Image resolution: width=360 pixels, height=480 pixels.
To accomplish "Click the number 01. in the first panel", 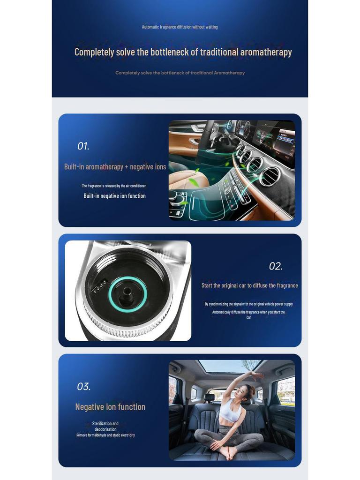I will click(x=83, y=146).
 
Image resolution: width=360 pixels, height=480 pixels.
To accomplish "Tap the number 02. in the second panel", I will click(x=276, y=266).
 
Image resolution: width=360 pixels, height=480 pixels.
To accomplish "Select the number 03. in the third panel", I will click(x=83, y=387).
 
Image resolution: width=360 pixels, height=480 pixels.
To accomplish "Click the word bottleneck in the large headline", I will click(x=171, y=52).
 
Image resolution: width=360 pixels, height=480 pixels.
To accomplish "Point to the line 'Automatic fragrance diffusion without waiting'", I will click(x=180, y=27).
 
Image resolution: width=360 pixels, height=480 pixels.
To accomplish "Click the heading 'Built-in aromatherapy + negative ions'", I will click(x=115, y=167).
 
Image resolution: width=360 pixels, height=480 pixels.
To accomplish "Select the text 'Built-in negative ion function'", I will click(x=114, y=196).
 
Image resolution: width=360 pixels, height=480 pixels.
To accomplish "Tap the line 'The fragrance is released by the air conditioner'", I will click(x=114, y=186).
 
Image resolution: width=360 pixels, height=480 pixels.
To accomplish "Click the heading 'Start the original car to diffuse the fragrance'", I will click(x=249, y=285).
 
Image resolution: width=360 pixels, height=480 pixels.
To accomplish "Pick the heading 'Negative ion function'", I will click(x=110, y=407).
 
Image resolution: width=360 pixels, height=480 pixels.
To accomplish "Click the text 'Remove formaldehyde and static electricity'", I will click(x=105, y=435).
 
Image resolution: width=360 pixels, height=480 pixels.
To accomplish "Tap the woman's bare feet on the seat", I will click(x=229, y=452).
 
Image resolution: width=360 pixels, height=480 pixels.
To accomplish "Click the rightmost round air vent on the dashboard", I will click(x=270, y=176).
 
